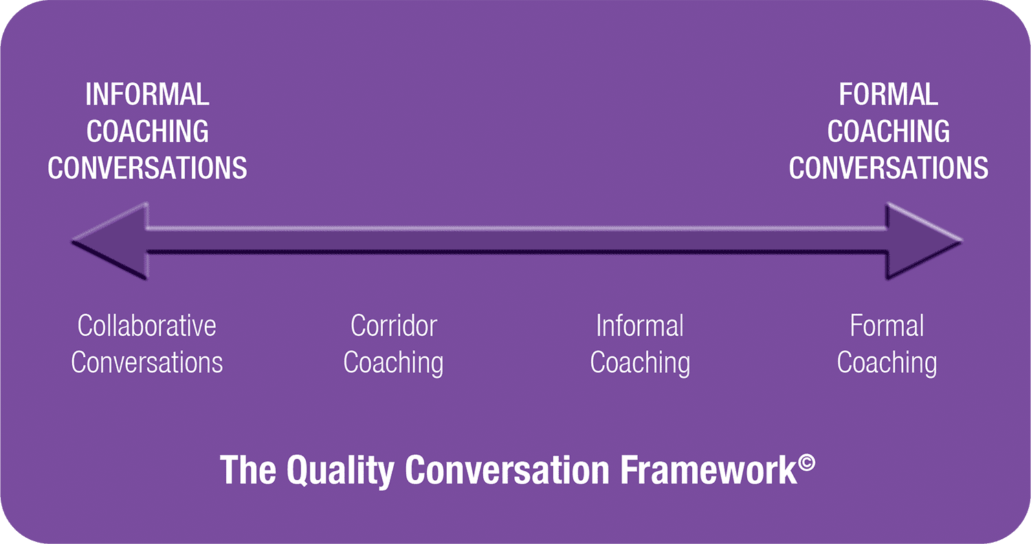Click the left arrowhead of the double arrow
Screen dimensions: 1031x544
(111, 241)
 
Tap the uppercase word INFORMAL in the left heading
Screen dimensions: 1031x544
(147, 95)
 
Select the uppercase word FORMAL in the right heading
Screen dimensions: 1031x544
(888, 95)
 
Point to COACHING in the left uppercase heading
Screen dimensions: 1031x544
(147, 131)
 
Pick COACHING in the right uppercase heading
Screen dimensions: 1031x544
(888, 131)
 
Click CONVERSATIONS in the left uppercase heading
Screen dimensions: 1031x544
(147, 168)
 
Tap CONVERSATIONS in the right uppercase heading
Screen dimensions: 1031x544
(888, 168)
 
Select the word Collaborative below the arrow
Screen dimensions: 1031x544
(147, 326)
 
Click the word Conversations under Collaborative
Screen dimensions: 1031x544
(147, 363)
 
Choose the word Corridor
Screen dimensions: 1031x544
(394, 326)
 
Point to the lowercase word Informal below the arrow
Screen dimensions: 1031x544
(640, 326)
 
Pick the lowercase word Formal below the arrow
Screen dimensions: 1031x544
(887, 326)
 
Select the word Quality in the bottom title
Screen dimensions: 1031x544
(340, 471)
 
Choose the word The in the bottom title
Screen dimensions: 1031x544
(248, 470)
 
